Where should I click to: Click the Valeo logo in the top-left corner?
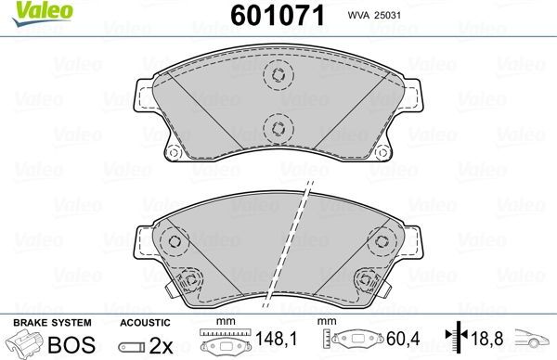pos(28,12)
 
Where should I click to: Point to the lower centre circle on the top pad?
pos(276,128)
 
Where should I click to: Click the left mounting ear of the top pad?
pos(144,94)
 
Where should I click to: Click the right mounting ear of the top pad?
pos(408,94)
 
